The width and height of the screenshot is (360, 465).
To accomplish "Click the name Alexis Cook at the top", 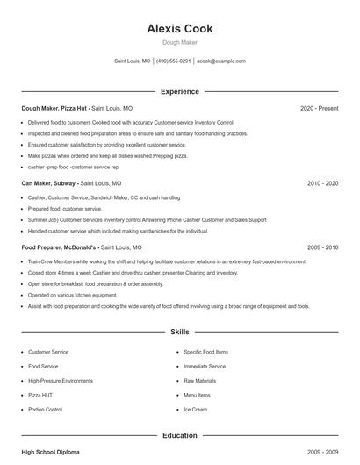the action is tap(180, 29).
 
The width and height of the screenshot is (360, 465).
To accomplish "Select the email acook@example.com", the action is tap(221, 61).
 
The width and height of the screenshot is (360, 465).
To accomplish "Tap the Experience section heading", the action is tap(180, 91).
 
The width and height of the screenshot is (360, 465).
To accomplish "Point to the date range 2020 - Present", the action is tap(319, 108).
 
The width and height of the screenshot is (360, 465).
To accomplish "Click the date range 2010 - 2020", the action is tap(322, 184).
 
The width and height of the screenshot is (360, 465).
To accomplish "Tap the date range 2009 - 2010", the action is tap(322, 247).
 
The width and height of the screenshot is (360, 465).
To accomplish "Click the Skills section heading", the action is tap(180, 333).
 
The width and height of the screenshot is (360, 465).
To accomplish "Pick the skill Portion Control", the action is tap(45, 410).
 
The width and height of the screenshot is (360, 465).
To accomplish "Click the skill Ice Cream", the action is tap(195, 410).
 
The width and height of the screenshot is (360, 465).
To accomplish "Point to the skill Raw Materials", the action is tap(199, 381).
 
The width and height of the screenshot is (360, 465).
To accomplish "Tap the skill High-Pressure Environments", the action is tap(60, 381).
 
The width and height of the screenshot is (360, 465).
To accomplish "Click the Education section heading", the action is tap(180, 435).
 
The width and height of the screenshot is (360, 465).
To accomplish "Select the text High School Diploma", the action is tap(50, 452).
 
